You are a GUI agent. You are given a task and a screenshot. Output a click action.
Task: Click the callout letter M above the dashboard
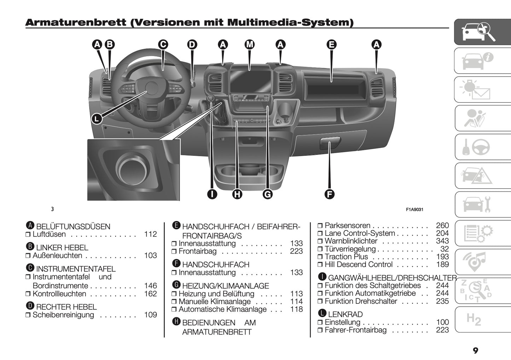click(x=250, y=45)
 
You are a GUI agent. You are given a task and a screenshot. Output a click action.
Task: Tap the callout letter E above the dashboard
click(x=331, y=45)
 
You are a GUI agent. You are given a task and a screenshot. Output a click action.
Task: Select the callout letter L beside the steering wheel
click(x=97, y=118)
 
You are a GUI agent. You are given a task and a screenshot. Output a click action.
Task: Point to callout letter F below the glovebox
click(x=329, y=194)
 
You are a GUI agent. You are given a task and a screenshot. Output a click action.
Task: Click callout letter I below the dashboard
click(x=212, y=194)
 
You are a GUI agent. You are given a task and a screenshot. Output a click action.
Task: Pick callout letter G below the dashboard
click(x=268, y=194)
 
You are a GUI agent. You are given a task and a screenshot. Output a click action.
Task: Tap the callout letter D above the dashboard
click(x=192, y=45)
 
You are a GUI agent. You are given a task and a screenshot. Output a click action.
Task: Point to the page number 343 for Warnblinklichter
click(x=442, y=241)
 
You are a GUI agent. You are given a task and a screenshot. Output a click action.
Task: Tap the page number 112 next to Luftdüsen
click(x=150, y=234)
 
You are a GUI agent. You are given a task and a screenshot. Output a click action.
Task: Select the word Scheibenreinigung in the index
click(x=63, y=315)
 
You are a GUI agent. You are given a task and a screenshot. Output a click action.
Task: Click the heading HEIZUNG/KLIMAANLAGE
click(x=225, y=286)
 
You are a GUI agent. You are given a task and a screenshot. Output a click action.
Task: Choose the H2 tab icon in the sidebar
click(x=474, y=320)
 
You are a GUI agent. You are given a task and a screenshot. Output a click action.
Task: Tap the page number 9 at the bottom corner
click(x=475, y=351)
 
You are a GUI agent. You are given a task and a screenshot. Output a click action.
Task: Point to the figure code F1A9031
click(x=414, y=209)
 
